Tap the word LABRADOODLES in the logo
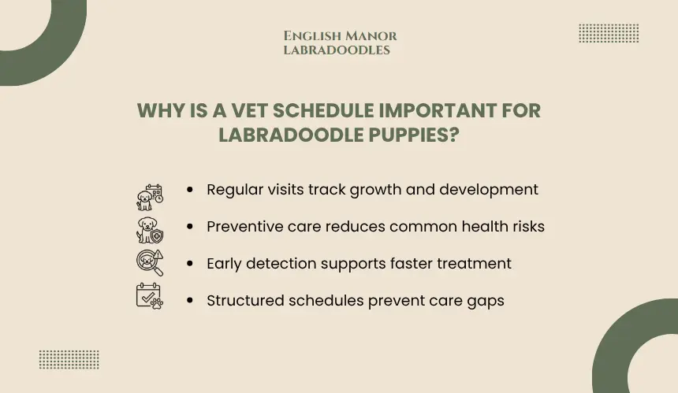point(337,50)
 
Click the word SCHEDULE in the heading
point(323,110)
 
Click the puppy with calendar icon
point(150,198)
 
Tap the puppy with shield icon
point(150,230)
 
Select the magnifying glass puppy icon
point(150,262)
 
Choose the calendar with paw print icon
point(150,296)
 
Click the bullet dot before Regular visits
point(190,189)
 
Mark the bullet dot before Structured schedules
point(190,300)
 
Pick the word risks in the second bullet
point(525,226)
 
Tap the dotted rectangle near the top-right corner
point(609,33)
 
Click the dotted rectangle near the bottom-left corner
point(69,360)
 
